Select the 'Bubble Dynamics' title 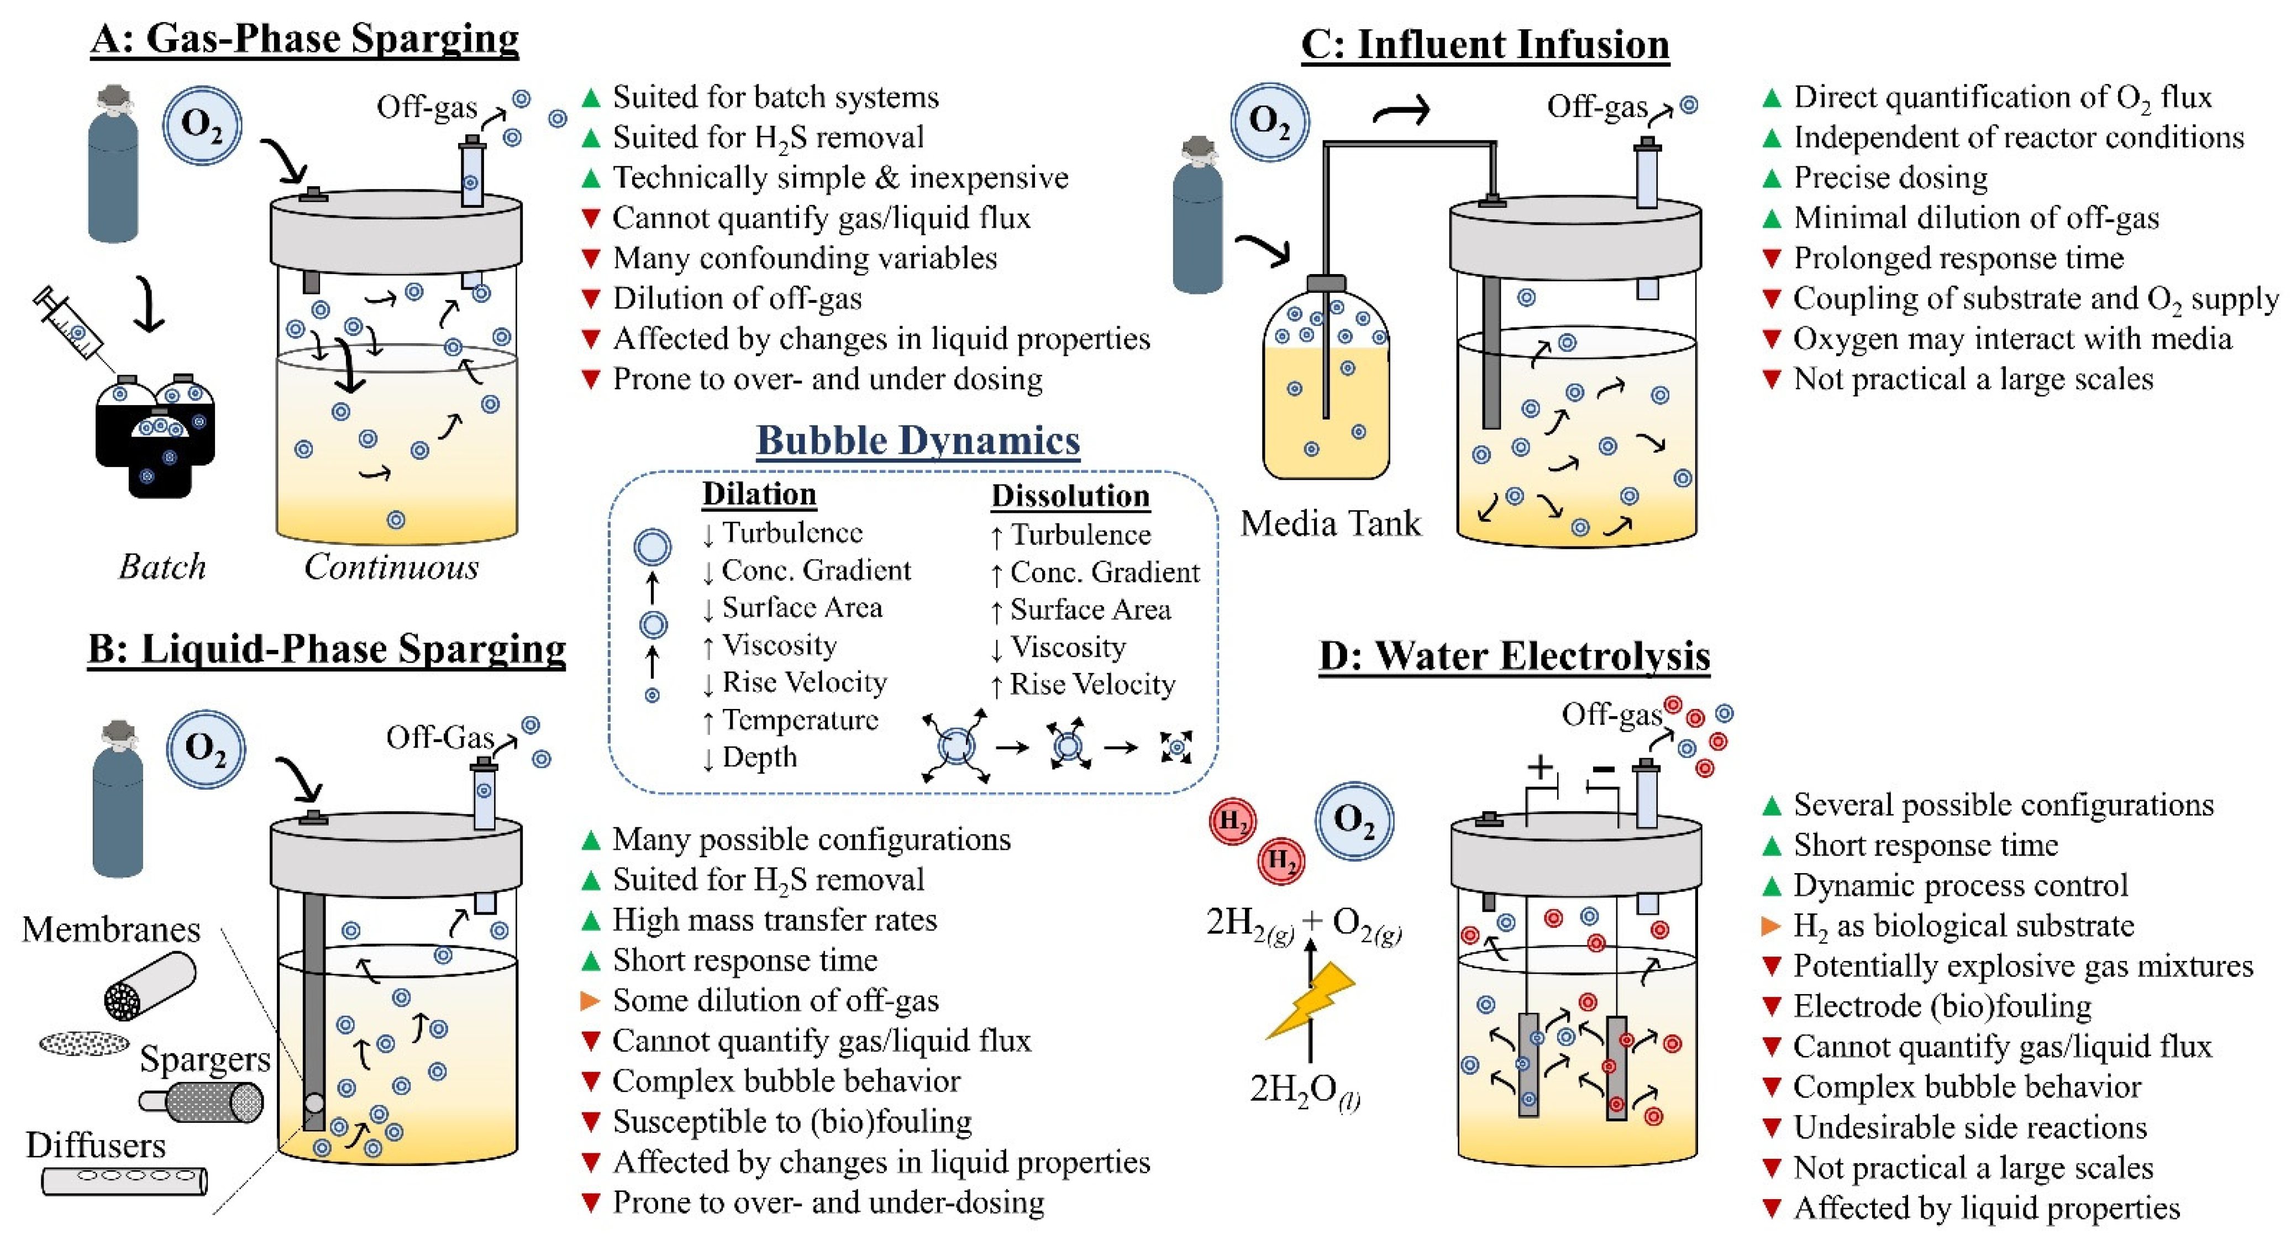pyautogui.click(x=918, y=440)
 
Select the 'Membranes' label pyautogui.click(x=111, y=929)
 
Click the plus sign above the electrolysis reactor pyautogui.click(x=1539, y=766)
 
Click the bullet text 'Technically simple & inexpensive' pyautogui.click(x=839, y=178)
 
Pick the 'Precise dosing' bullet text pyautogui.click(x=1890, y=178)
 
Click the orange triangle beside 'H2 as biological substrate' pyautogui.click(x=1770, y=926)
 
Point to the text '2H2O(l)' pyautogui.click(x=1304, y=1089)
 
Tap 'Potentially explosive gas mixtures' pyautogui.click(x=2022, y=966)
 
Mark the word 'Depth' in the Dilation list pyautogui.click(x=759, y=757)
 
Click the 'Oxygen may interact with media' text pyautogui.click(x=2012, y=339)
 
